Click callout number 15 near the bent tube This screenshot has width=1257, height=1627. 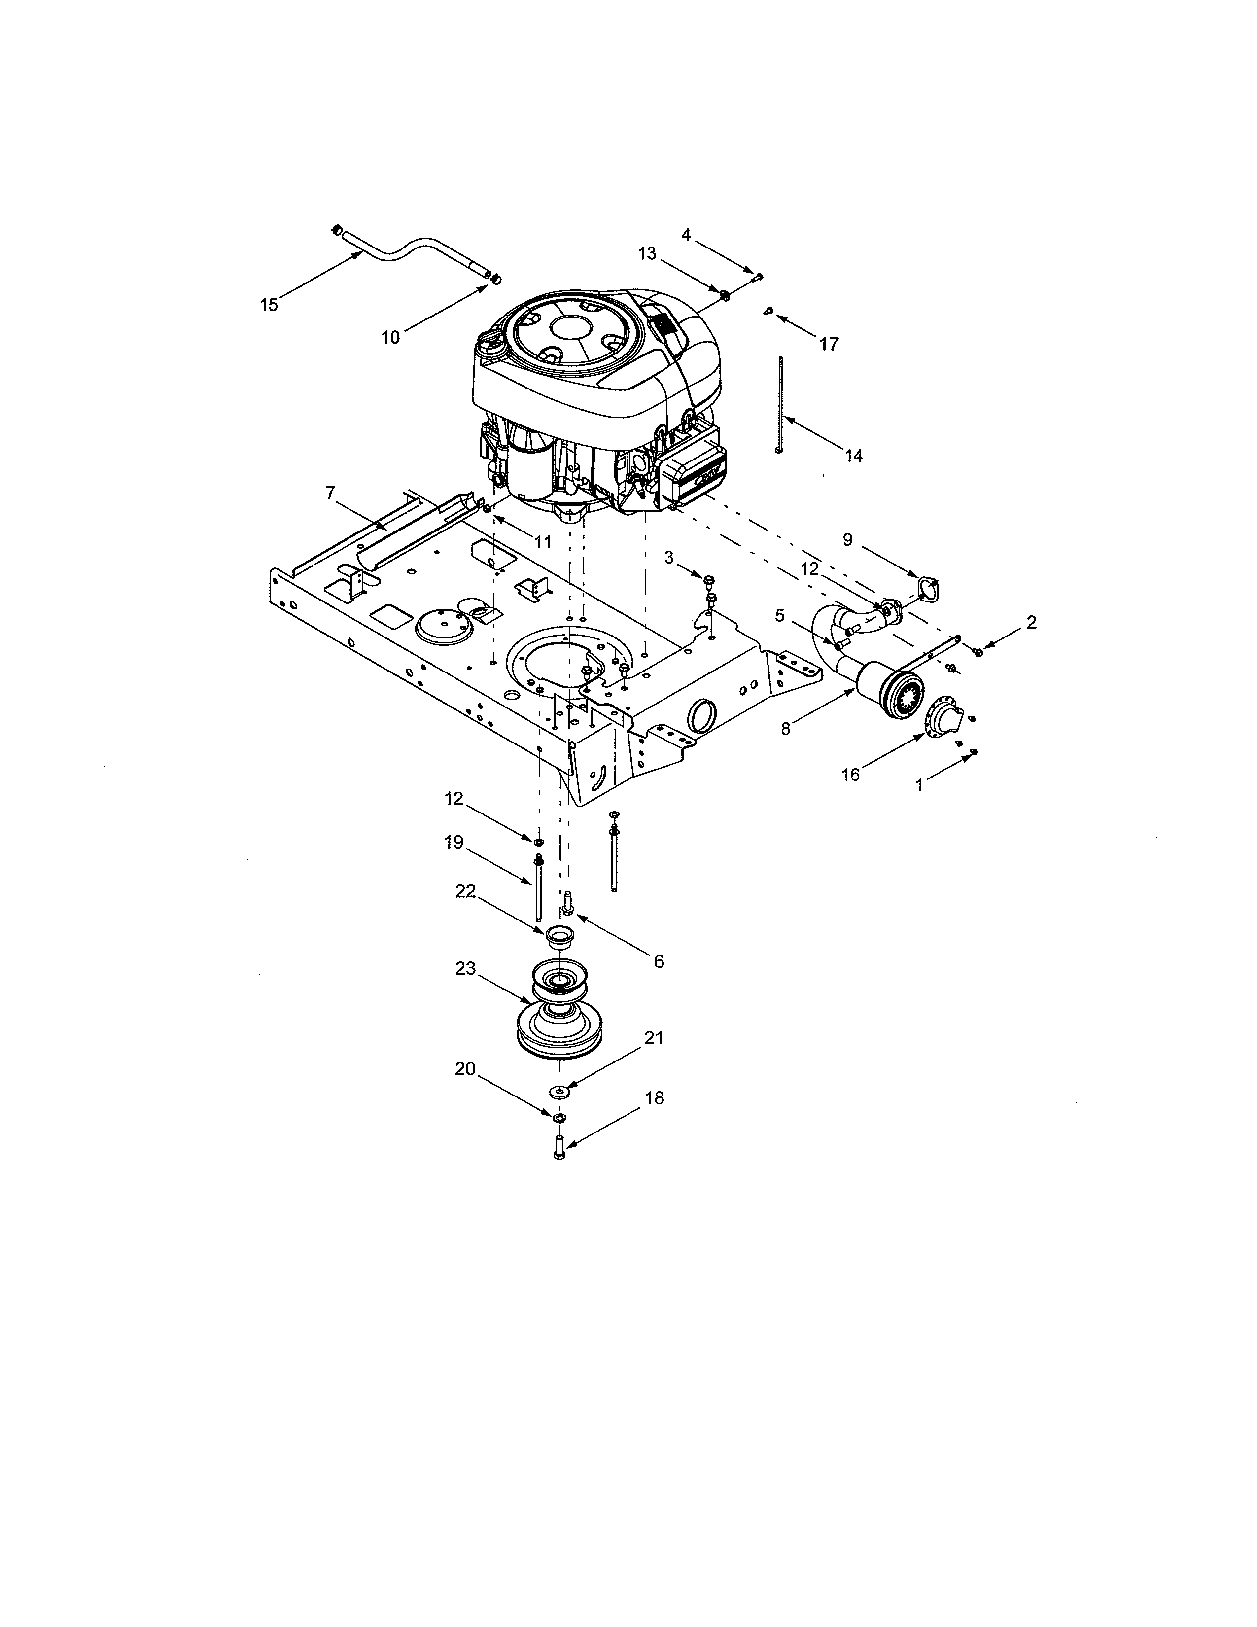click(268, 305)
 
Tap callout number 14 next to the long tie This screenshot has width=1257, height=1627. click(854, 455)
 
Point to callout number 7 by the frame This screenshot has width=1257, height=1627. click(331, 493)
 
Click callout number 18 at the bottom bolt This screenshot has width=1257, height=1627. click(655, 1098)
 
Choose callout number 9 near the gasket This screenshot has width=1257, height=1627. click(847, 539)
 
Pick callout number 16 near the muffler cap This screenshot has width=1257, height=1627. click(850, 775)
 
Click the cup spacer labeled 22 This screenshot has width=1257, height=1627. click(558, 936)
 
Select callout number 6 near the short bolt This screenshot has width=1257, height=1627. click(658, 962)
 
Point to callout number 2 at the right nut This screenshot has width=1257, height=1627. click(1031, 623)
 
